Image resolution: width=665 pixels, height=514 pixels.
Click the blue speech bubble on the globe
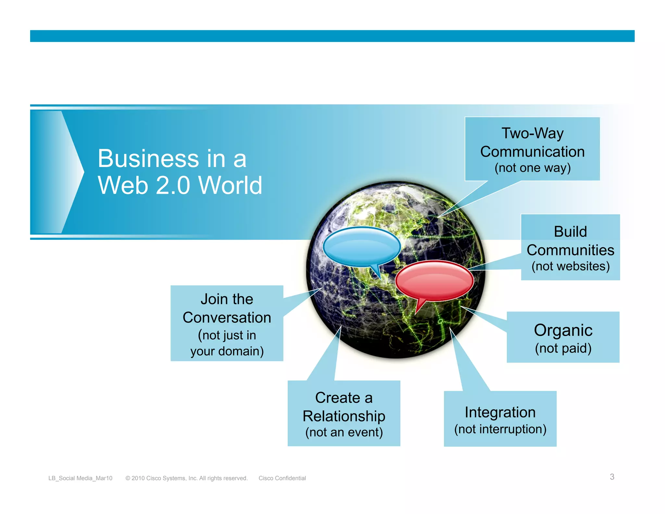tap(361, 246)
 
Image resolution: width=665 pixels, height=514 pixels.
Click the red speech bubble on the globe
tap(434, 280)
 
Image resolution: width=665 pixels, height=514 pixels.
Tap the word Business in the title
tap(148, 159)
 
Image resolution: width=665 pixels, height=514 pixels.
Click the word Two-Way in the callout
tap(533, 133)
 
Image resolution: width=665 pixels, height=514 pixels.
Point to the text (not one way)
tap(533, 168)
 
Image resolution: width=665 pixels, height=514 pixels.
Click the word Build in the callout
tap(570, 232)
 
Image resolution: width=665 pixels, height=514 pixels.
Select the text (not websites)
tap(571, 266)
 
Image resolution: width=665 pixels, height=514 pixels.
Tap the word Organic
tap(563, 330)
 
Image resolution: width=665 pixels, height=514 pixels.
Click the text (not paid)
tap(563, 348)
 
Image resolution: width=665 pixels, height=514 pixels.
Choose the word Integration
tap(500, 412)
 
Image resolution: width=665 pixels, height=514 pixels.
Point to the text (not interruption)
tap(500, 429)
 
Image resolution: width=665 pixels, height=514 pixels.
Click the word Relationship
tap(344, 416)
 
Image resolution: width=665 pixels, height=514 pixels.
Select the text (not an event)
tap(344, 432)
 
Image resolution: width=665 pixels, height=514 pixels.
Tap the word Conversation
tap(227, 317)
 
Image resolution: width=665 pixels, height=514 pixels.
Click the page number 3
tap(612, 477)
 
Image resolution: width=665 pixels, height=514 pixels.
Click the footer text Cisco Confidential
tap(282, 478)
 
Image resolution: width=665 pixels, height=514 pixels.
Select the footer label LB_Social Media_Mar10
tap(80, 478)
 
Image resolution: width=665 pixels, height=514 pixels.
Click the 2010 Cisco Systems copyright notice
tap(186, 478)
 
